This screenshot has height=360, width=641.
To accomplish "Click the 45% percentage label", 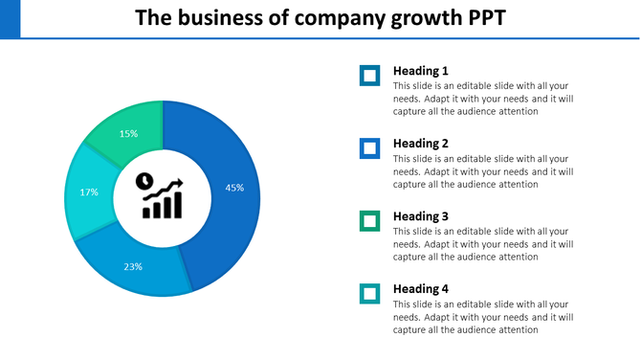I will [x=234, y=188].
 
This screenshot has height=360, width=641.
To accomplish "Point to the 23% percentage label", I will [x=133, y=266].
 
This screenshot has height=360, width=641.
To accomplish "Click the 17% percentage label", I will [x=89, y=192].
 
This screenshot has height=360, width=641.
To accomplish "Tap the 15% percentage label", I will [x=128, y=134].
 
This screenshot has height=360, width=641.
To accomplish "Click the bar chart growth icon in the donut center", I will [x=162, y=198].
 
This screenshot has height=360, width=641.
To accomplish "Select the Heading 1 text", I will [x=421, y=71].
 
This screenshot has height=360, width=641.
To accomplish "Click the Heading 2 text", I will [x=421, y=144].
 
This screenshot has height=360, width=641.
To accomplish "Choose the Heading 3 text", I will [x=421, y=216].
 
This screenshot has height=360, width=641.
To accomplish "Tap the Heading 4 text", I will [x=421, y=289].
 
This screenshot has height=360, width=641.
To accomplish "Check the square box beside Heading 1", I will [x=369, y=76].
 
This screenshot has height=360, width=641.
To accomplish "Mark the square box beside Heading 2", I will [x=369, y=148].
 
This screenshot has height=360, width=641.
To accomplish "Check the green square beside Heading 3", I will [x=369, y=221].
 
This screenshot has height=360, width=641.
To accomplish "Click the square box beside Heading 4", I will [x=369, y=294].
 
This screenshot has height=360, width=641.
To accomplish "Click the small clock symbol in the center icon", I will [x=144, y=179].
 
